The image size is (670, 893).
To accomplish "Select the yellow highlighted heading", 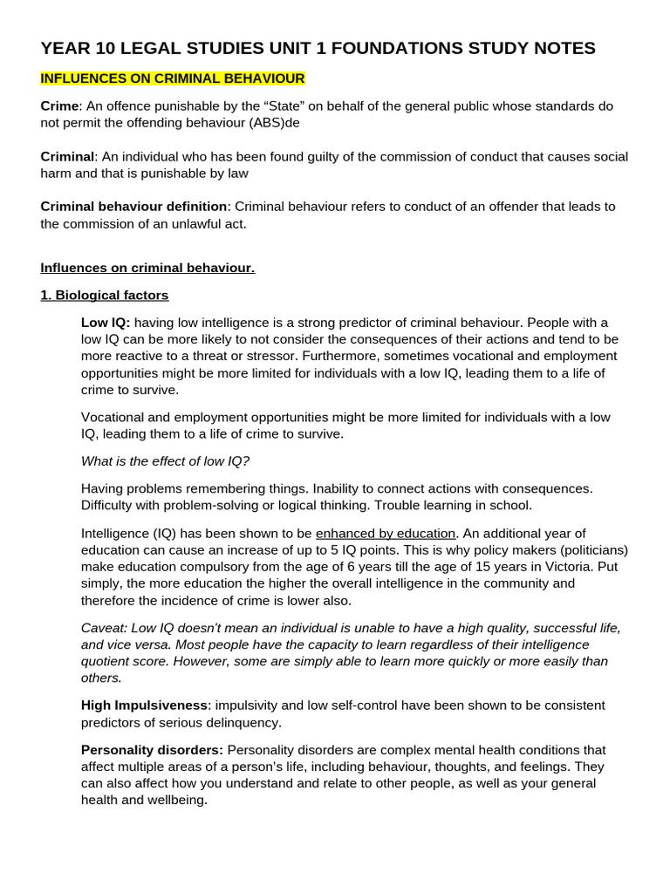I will coord(173,78).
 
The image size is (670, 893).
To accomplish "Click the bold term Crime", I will coord(59,106).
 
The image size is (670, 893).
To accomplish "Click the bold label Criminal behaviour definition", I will coord(133,207).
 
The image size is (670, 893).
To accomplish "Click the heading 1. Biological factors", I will coord(105,295).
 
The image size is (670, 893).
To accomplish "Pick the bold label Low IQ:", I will coord(106,323).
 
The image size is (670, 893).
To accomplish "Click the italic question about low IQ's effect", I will coord(165,460).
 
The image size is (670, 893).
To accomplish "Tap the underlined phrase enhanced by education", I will coord(386,533).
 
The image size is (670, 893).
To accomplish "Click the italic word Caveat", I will coord(103,628).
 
